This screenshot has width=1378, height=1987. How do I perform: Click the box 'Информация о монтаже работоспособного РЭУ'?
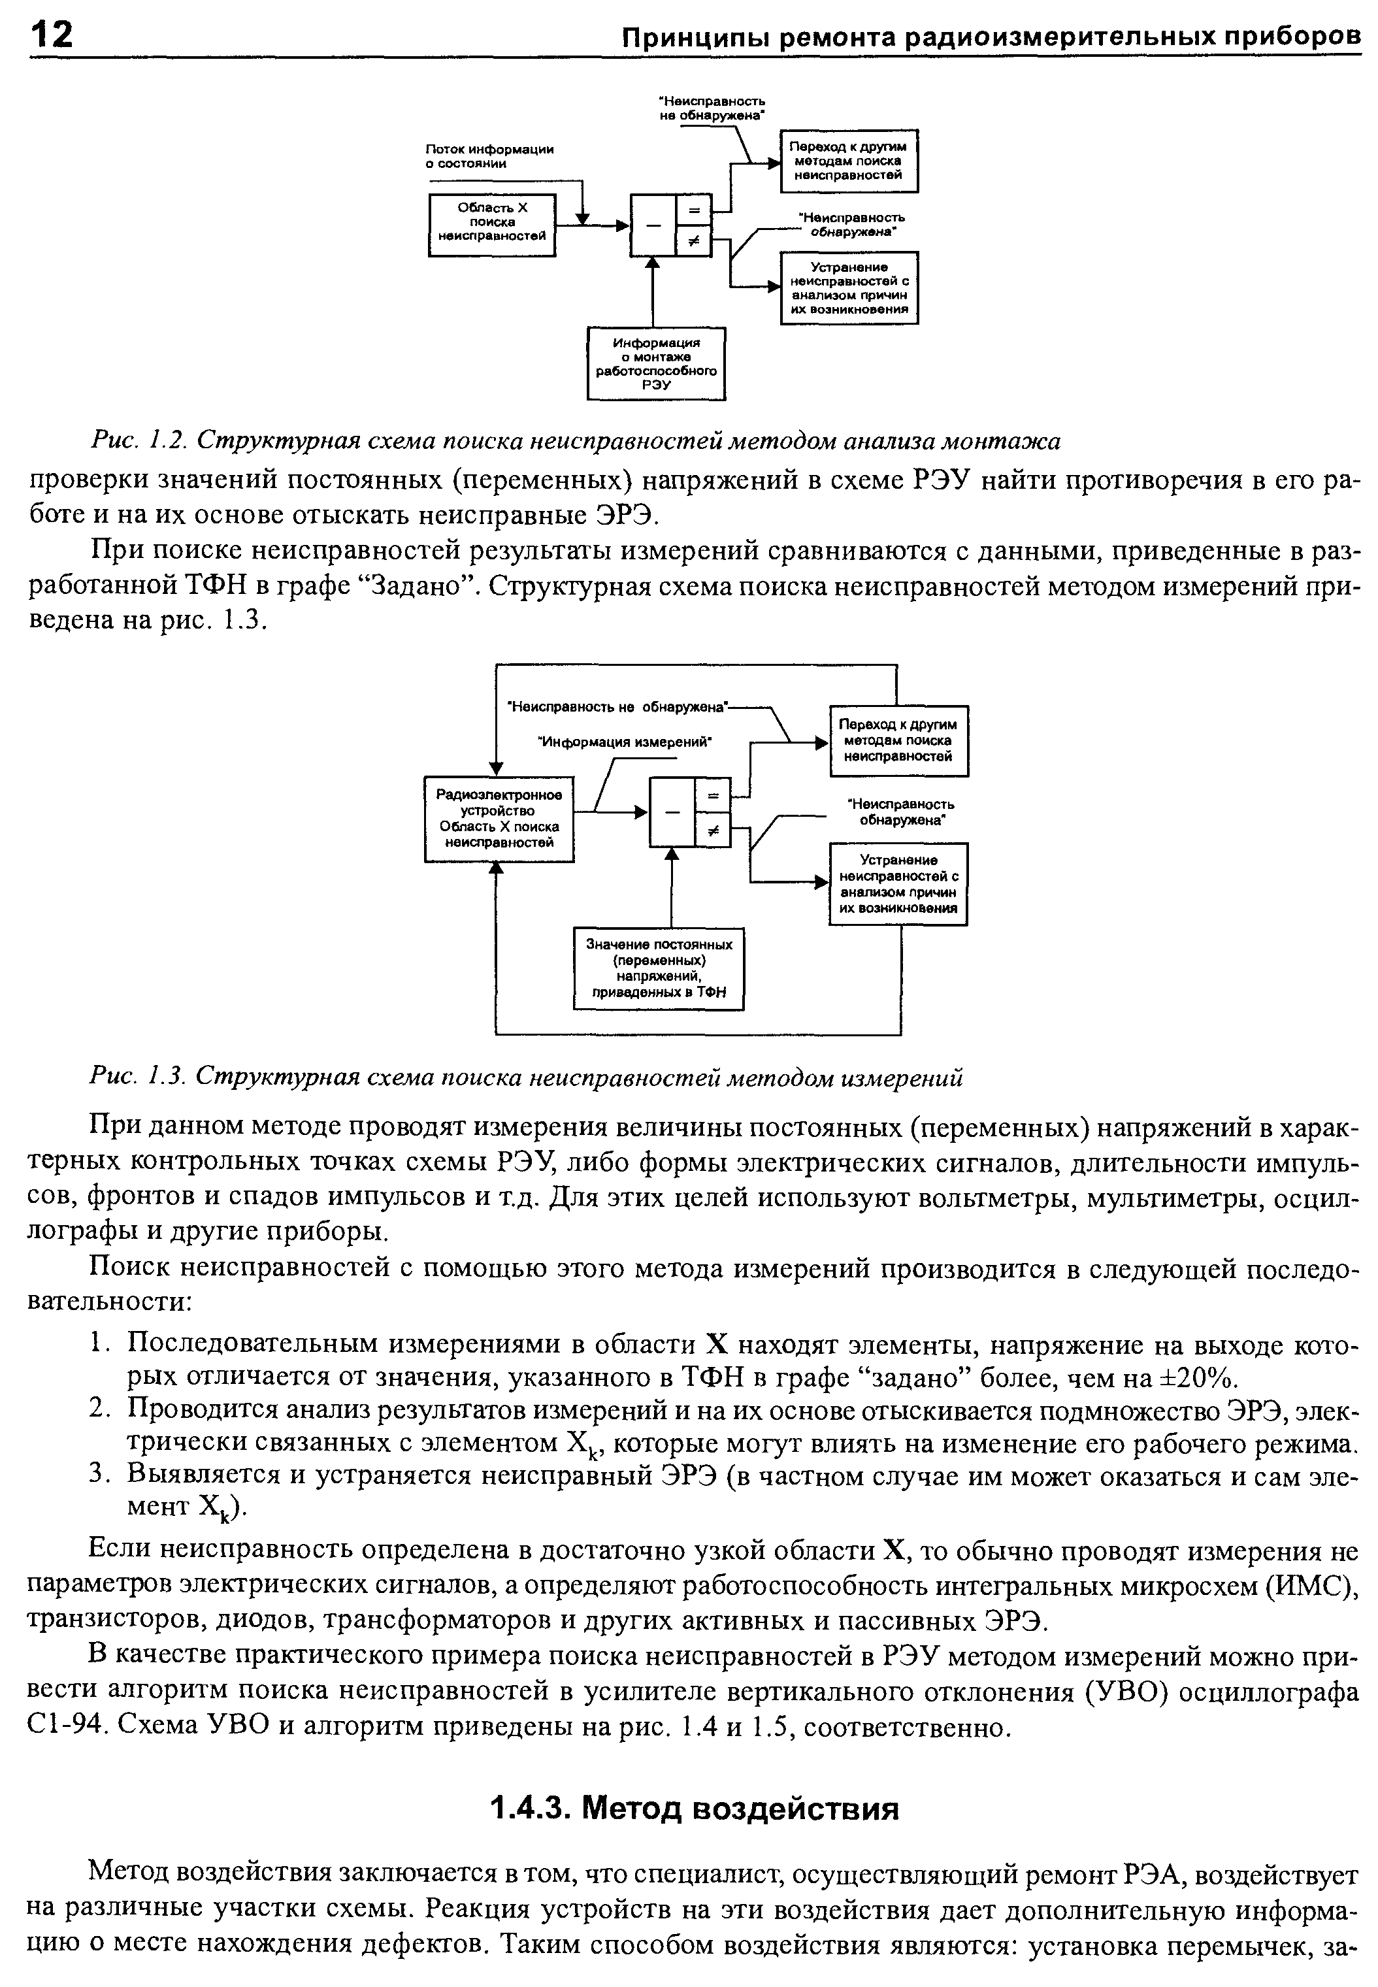656,363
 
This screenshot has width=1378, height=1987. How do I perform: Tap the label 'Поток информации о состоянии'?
489,156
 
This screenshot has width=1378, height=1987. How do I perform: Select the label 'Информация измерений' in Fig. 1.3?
624,742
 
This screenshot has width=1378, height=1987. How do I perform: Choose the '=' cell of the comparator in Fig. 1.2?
693,210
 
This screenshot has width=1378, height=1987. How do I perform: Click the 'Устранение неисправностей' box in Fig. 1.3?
898,884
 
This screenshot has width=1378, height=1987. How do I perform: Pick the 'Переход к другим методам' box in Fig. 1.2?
849,161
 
